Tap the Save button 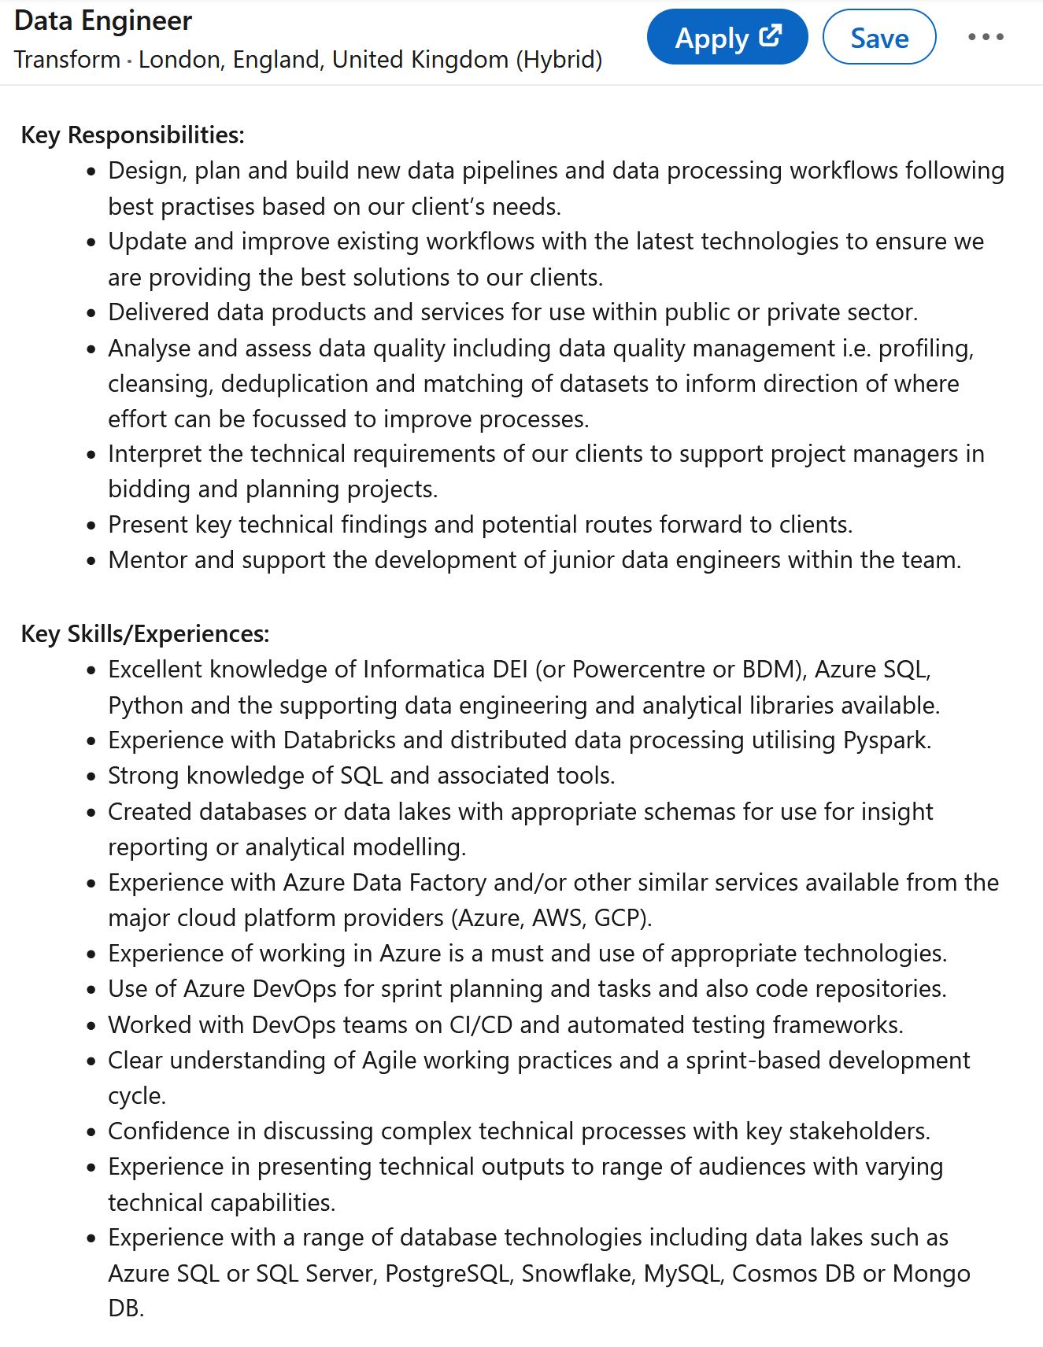coord(878,37)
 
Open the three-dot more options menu coord(986,37)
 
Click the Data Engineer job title coord(103,21)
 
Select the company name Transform coord(67,60)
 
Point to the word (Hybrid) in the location coord(559,60)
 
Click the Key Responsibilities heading coord(132,135)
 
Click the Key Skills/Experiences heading coord(145,634)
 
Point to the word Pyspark coord(886,740)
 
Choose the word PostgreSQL coord(447,1273)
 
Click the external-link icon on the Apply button coord(770,35)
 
